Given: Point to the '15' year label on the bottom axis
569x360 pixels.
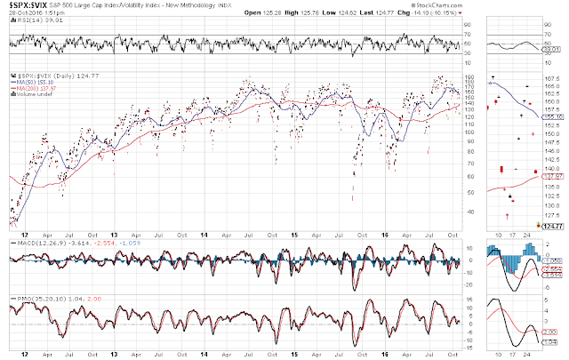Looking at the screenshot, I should point(293,356).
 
